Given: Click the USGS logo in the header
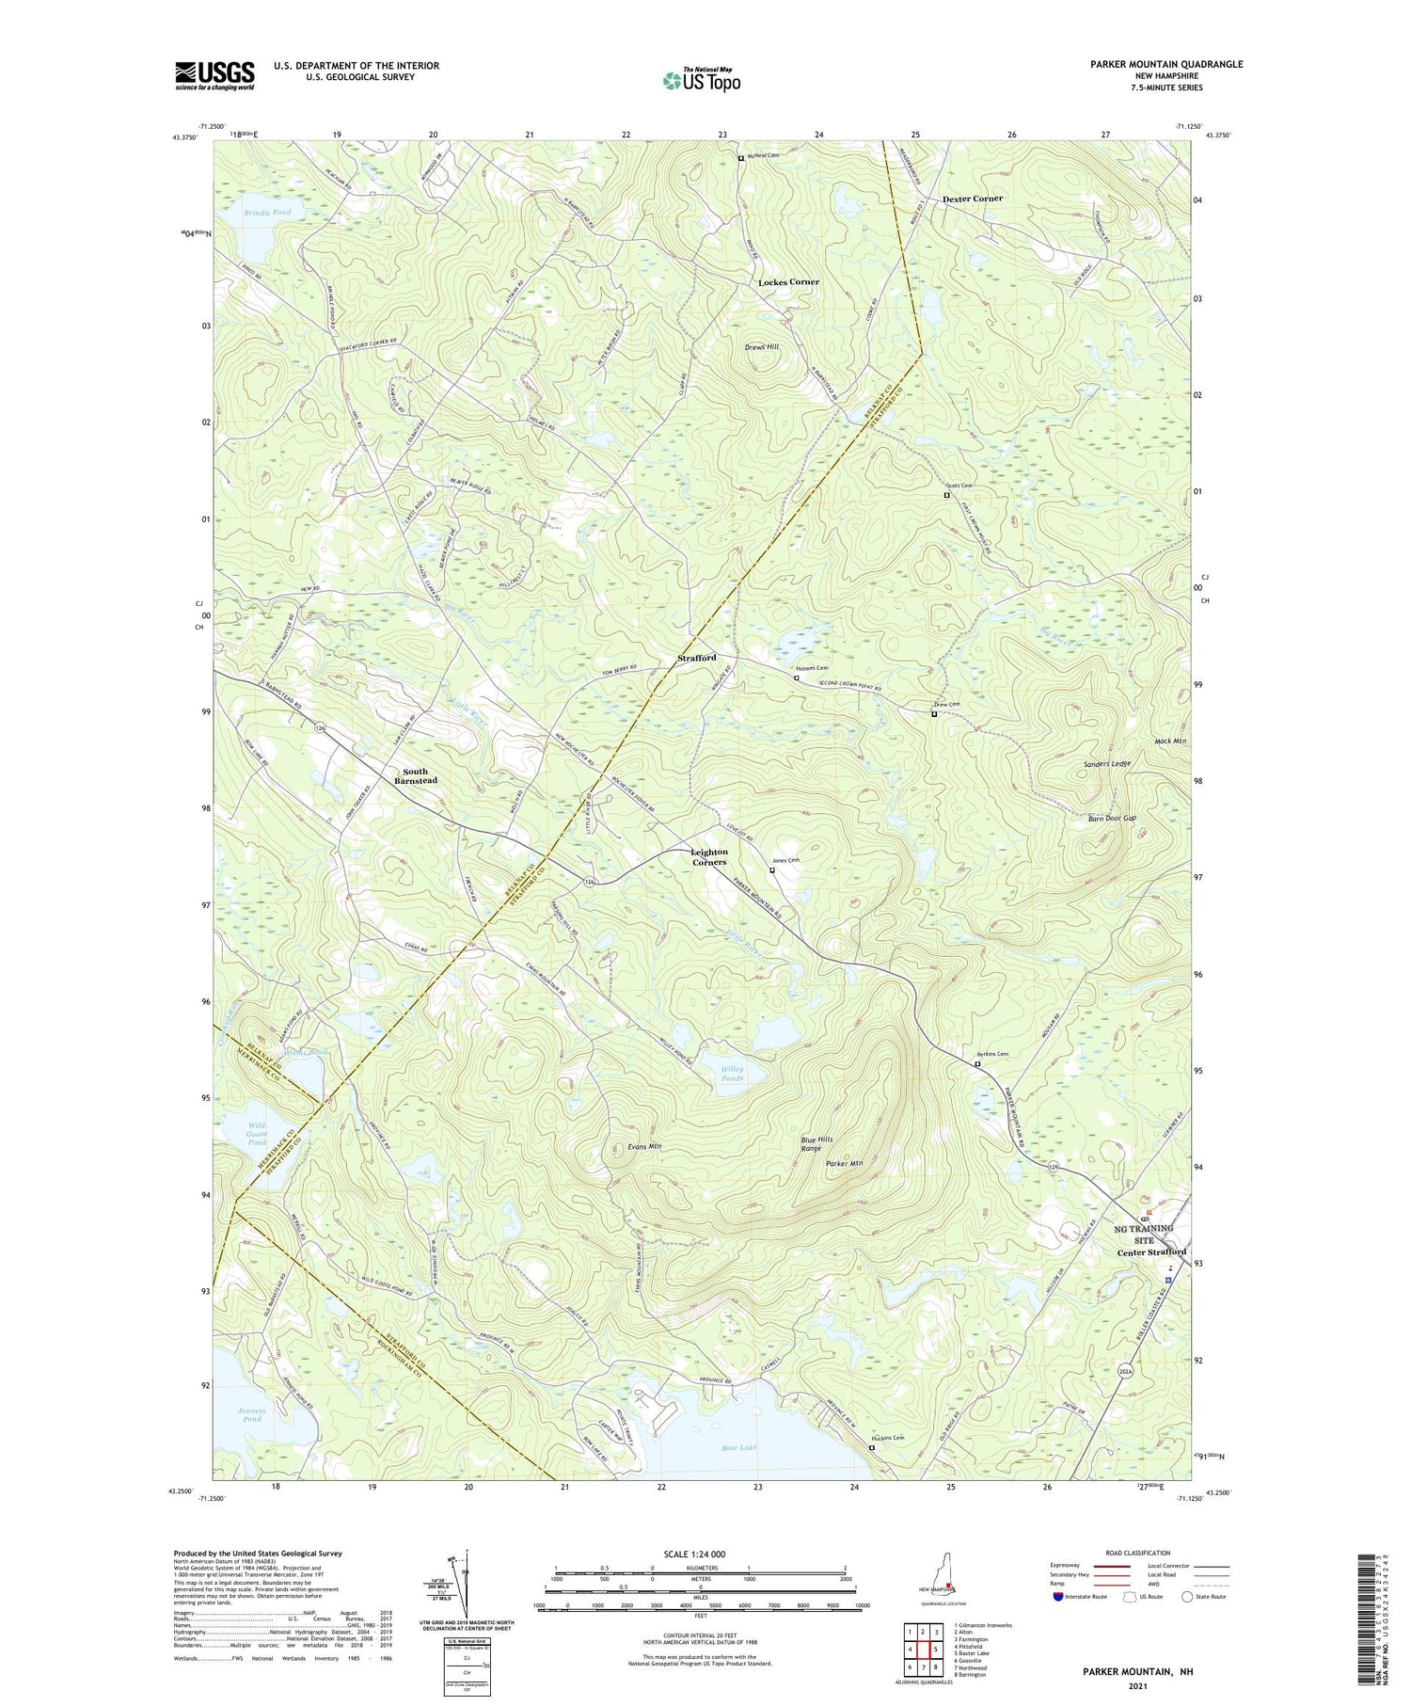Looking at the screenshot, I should pyautogui.click(x=214, y=75).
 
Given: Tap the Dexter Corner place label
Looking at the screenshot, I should pyautogui.click(x=972, y=199).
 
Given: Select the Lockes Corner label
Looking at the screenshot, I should pyautogui.click(x=788, y=282).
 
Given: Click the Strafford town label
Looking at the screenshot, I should pyautogui.click(x=697, y=658).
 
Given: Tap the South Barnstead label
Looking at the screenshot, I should pyautogui.click(x=415, y=776).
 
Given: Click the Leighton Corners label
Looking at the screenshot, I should pyautogui.click(x=709, y=857).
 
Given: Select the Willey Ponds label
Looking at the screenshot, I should pyautogui.click(x=732, y=1074).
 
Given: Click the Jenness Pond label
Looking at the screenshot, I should pyautogui.click(x=251, y=1414).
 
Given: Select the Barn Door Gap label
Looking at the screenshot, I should pyautogui.click(x=1111, y=819).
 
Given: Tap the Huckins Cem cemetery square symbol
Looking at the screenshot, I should pyautogui.click(x=871, y=1448).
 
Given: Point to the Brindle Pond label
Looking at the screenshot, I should pyautogui.click(x=268, y=213).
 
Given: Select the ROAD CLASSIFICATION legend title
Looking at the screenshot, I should pyautogui.click(x=1138, y=1553).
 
